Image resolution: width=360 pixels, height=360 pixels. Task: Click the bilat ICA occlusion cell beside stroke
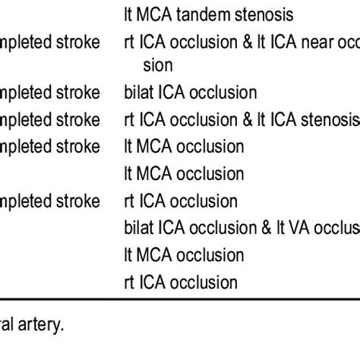point(191,93)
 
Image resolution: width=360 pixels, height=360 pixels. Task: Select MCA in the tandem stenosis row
point(156,15)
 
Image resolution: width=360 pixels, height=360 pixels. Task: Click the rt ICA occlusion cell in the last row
point(181,283)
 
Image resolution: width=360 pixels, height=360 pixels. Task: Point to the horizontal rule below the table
point(180,302)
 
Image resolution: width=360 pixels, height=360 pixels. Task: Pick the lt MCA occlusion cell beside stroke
point(184,147)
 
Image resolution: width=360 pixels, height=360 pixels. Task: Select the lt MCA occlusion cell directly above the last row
point(184,255)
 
